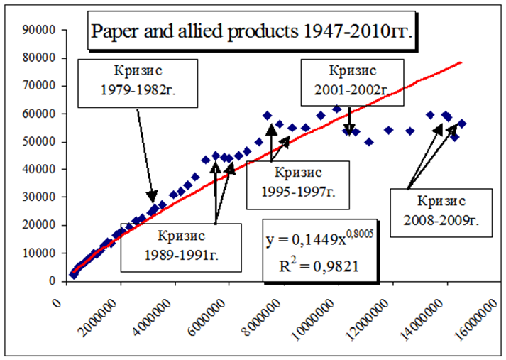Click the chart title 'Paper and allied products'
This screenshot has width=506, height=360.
tap(251, 32)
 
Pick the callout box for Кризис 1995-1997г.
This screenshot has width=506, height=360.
tap(298, 182)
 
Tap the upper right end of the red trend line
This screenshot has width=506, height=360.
tap(461, 62)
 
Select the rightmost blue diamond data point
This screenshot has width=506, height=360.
tap(462, 124)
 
